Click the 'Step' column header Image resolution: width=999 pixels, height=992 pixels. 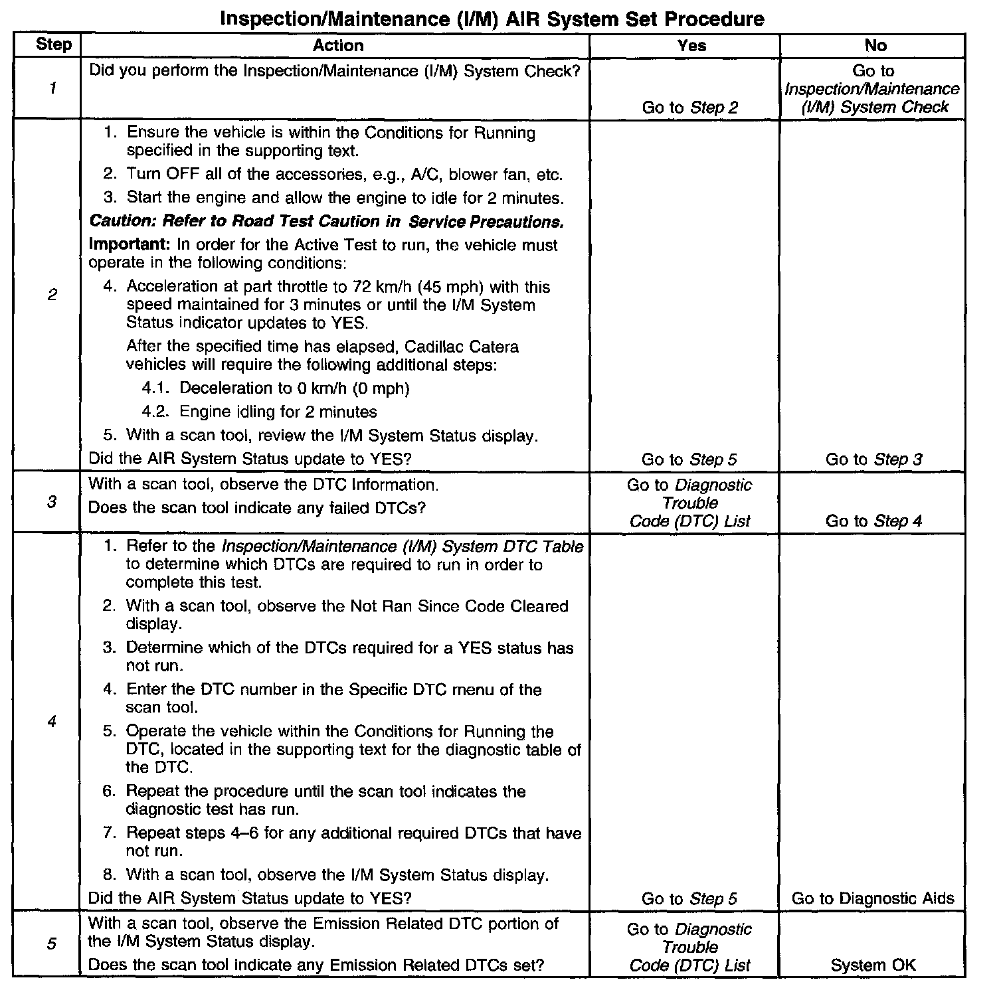pyautogui.click(x=53, y=45)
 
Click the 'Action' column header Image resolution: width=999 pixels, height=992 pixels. pyautogui.click(x=338, y=45)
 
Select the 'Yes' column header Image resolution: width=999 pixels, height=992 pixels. pyautogui.click(x=691, y=45)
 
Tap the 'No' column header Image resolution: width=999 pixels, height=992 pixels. pyautogui.click(x=875, y=45)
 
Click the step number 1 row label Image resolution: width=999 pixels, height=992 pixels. pyautogui.click(x=52, y=88)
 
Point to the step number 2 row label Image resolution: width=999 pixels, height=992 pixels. pyautogui.click(x=52, y=294)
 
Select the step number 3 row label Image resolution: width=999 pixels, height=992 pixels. pyautogui.click(x=52, y=502)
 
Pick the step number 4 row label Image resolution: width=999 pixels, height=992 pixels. pyautogui.click(x=52, y=721)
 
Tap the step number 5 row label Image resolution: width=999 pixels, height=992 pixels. pyautogui.click(x=52, y=944)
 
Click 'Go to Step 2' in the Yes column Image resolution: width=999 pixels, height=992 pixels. pyautogui.click(x=689, y=108)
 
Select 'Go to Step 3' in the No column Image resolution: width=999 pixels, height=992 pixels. pyautogui.click(x=873, y=459)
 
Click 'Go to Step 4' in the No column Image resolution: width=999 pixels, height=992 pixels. pyautogui.click(x=873, y=521)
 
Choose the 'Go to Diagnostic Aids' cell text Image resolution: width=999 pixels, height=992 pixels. pyautogui.click(x=873, y=899)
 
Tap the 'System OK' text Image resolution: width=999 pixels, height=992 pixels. pyautogui.click(x=873, y=965)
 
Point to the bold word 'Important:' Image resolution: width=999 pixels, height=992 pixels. pyautogui.click(x=130, y=245)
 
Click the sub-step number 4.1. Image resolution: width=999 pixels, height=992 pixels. pyautogui.click(x=157, y=388)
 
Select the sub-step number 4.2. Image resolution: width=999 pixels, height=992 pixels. pyautogui.click(x=157, y=412)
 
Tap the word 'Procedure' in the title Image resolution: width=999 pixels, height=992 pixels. pyautogui.click(x=714, y=19)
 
